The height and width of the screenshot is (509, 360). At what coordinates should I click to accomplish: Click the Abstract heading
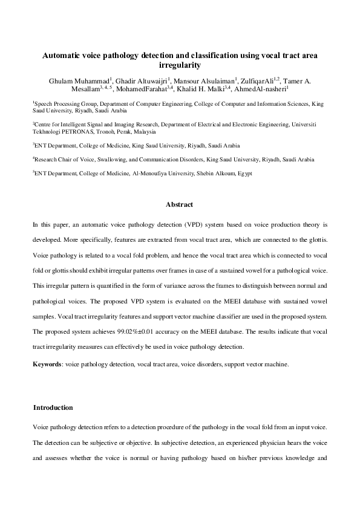[179, 204]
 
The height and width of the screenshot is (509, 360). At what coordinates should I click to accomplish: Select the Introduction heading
[53, 407]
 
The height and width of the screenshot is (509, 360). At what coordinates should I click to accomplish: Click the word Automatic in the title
[62, 55]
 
